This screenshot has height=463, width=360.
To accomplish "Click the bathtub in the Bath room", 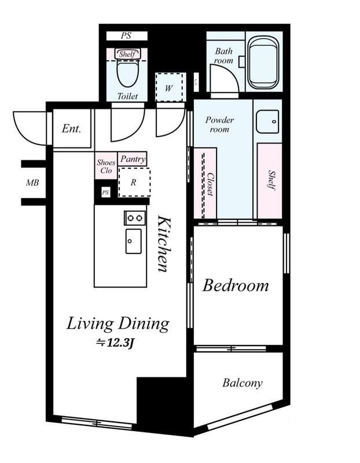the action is [263, 63].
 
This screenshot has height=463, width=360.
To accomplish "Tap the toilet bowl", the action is [128, 73].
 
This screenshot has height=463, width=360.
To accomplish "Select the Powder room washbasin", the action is [267, 122].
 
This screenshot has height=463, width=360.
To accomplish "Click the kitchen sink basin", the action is [134, 241].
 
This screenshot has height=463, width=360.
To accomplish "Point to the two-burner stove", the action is [135, 218].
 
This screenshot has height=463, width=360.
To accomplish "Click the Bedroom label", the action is [236, 286].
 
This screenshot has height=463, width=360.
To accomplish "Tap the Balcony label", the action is [242, 383].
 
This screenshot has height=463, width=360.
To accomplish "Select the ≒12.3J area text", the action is [116, 343].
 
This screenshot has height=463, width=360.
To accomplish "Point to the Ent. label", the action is [71, 128].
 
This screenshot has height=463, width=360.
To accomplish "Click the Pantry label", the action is [133, 159].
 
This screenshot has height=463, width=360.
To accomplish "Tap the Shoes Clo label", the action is [106, 166].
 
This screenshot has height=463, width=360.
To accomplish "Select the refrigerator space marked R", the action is [134, 182].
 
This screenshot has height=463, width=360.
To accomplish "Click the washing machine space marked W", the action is [169, 88].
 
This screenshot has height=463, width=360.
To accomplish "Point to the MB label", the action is [32, 183].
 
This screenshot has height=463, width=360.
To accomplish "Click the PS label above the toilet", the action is [126, 36].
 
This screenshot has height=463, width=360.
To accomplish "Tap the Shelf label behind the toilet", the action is [127, 54].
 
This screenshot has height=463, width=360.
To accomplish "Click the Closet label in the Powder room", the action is [210, 184].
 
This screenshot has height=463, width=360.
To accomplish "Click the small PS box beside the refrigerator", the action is [105, 193].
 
